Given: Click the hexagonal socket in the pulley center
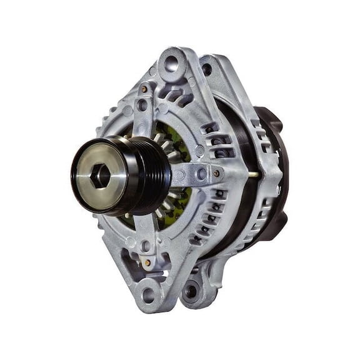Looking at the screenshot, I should click(100, 177).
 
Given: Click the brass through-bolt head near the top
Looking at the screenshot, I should click(144, 89).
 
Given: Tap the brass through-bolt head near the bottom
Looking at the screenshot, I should click(147, 262).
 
